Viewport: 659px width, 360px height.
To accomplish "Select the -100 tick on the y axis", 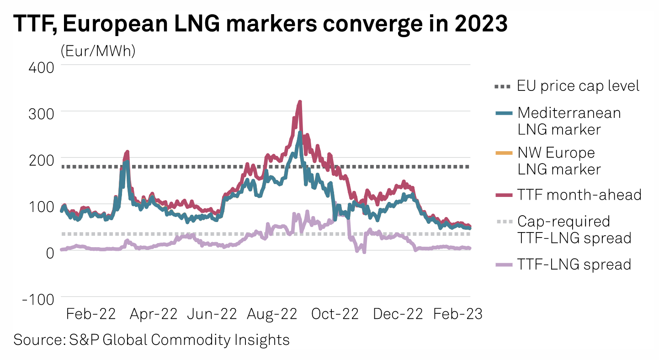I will click(39, 299).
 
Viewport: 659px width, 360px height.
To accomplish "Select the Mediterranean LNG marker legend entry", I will click(569, 121).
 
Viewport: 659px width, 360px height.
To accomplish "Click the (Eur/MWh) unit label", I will click(98, 51).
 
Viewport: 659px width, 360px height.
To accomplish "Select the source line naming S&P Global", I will click(152, 340).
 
